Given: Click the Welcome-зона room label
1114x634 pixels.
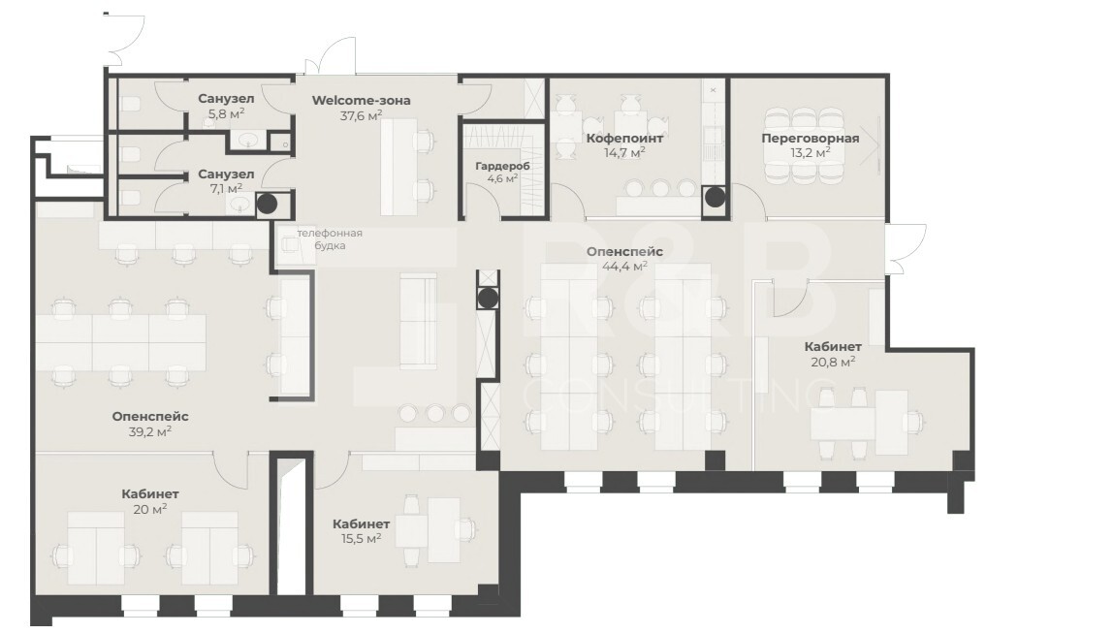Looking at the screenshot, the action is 361,100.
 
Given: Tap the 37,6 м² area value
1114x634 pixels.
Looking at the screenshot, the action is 361,115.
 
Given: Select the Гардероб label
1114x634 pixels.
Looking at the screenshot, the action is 503,166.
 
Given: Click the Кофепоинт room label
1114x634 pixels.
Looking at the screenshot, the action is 624,138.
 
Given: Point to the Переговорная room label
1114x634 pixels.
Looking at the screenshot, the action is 810,138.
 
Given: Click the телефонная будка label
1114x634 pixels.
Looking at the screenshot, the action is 330,238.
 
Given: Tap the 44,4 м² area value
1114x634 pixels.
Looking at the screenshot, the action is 625,266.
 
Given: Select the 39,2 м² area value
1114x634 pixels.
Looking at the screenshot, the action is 150,430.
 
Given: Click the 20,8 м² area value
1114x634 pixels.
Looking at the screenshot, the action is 833,362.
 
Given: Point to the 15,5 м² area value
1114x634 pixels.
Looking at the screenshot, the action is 361,538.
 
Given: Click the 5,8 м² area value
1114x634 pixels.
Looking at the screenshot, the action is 226,113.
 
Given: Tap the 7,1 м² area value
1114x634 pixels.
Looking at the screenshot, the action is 226,188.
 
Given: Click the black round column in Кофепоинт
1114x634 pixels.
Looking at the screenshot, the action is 715,198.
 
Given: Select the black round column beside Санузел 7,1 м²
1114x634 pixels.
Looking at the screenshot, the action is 267,204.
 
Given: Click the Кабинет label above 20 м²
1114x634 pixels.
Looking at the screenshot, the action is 150,493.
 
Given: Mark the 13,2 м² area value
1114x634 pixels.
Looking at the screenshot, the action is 810,153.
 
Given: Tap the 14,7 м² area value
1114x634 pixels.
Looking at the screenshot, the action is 624,152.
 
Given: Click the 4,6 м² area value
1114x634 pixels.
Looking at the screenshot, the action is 503,178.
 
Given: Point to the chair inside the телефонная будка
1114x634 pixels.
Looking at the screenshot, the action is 290,243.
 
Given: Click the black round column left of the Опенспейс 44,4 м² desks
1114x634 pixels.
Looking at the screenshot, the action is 488,299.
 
